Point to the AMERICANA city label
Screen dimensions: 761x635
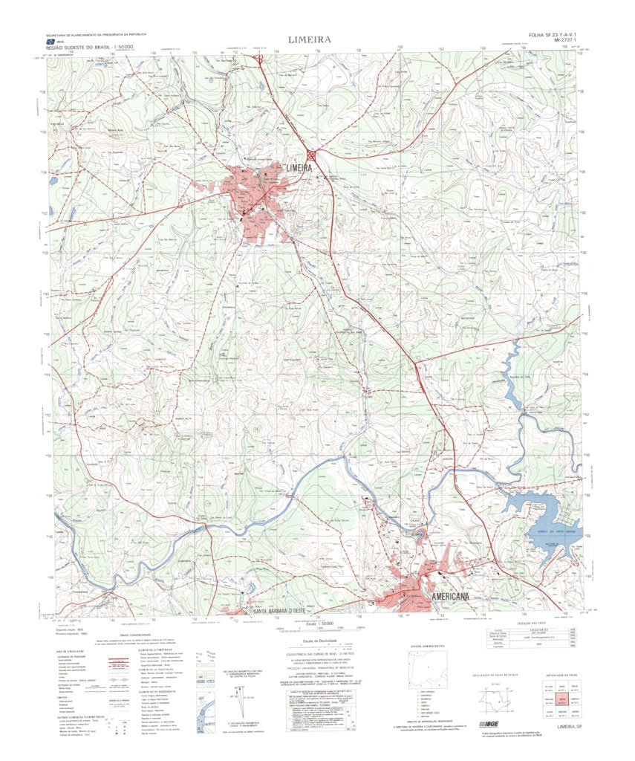pyautogui.click(x=452, y=599)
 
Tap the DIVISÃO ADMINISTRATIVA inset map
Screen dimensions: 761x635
pyautogui.click(x=429, y=669)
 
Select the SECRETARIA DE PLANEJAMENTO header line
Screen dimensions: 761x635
pyautogui.click(x=97, y=35)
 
